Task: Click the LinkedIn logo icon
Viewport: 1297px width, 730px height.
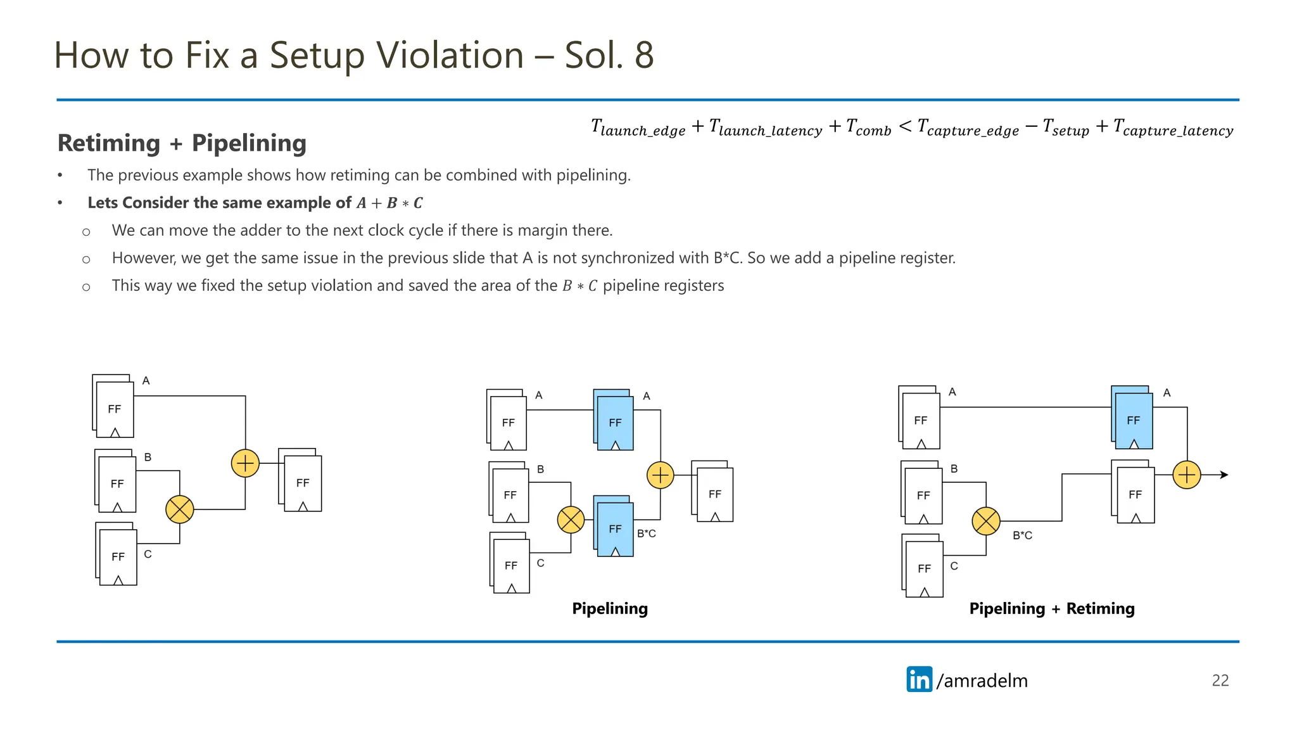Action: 919,679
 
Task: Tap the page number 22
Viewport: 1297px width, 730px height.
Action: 1220,681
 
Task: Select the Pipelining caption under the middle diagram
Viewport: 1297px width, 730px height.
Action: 609,608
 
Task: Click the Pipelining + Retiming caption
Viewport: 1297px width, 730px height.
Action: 1051,608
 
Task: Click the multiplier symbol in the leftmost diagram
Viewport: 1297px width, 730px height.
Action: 180,509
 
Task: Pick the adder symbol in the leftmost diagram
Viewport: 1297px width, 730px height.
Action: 245,463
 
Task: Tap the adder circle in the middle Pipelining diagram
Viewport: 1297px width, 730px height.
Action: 661,475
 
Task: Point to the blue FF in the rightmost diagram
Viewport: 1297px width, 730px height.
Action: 1133,419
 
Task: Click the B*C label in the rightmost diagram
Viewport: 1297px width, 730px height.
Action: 1022,535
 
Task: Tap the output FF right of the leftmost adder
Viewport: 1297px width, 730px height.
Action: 302,482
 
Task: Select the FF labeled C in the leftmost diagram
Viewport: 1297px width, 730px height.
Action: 118,556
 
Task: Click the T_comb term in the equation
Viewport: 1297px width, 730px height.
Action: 868,127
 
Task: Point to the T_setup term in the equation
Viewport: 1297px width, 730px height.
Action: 1065,127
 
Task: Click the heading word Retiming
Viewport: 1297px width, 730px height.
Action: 109,143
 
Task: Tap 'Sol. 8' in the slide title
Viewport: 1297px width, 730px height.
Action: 609,55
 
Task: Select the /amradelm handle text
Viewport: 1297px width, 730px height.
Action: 982,681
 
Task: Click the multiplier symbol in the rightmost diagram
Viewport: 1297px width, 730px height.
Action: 986,521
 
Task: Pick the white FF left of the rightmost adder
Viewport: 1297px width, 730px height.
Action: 1134,494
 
